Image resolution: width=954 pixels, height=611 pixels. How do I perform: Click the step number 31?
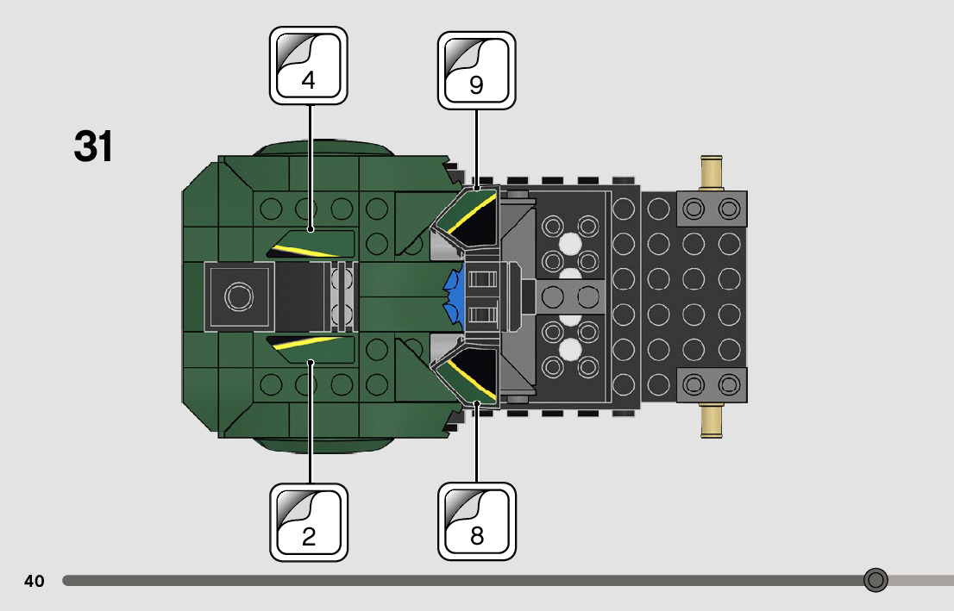[93, 147]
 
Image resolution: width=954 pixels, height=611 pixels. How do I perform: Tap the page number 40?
[35, 581]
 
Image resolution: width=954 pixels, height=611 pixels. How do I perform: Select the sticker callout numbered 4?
[308, 65]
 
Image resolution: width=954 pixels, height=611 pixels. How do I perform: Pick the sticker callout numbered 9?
[476, 71]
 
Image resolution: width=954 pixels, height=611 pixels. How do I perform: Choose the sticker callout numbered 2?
[308, 522]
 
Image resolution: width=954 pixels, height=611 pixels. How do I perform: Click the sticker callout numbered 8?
[476, 522]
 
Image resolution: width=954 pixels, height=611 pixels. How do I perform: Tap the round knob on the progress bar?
[876, 580]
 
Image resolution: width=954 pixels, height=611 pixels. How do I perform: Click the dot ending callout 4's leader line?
[309, 230]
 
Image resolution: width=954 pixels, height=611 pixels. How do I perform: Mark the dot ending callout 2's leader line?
[309, 363]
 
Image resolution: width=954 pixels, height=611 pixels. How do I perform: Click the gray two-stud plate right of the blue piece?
[570, 296]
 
